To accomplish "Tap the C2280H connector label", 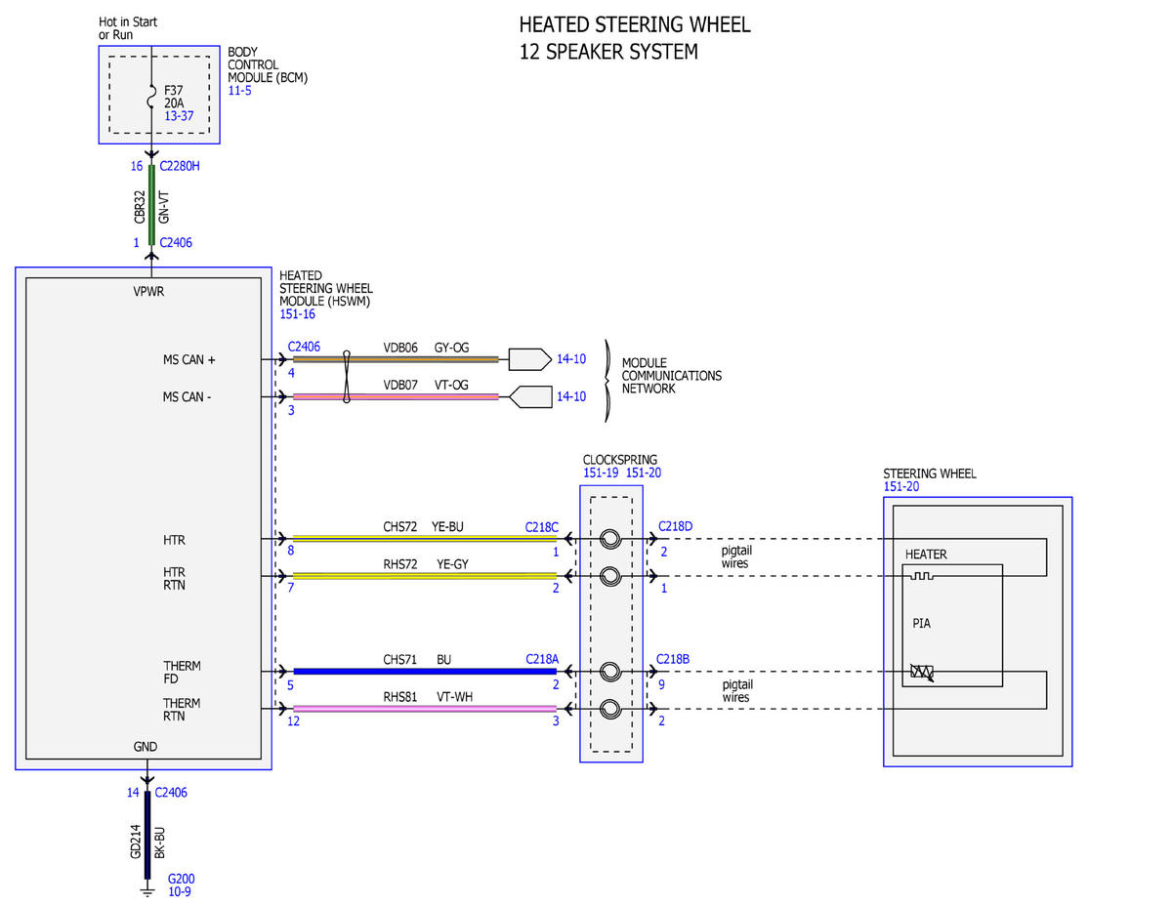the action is (x=179, y=166).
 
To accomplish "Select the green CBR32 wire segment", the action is (x=151, y=205).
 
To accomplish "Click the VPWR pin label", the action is (x=148, y=292).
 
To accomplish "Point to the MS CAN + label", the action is (x=188, y=359).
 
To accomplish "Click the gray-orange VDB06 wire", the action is (x=396, y=359).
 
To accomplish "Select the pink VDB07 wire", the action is (x=396, y=396).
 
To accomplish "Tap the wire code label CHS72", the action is (x=399, y=526).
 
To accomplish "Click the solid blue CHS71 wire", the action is (x=425, y=671).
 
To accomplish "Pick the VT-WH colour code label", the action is (x=454, y=697).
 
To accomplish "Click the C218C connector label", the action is (x=541, y=527).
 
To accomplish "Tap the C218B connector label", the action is (x=673, y=659).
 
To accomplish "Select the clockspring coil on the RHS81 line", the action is (x=610, y=709).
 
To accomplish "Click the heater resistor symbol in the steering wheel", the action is (x=922, y=576).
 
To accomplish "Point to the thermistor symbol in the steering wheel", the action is (x=922, y=672).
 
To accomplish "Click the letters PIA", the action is (x=921, y=624).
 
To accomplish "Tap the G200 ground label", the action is (x=182, y=879).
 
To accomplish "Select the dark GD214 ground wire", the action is (x=147, y=835).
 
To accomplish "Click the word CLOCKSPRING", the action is (x=620, y=460).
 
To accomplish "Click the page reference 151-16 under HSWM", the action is (x=297, y=314).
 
